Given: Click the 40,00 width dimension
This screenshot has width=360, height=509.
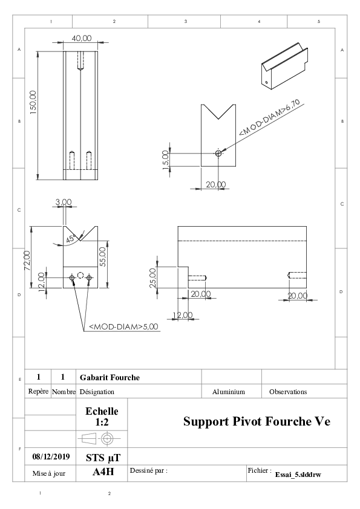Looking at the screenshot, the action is [82, 38].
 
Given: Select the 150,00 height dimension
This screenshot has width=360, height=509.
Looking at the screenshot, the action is [33, 102].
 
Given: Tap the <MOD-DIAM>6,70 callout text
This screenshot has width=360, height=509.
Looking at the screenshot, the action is [269, 117].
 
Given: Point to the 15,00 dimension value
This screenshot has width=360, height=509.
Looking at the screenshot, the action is [165, 160].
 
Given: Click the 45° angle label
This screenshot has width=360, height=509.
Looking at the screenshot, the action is [71, 239].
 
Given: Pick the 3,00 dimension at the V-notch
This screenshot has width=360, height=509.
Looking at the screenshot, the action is [64, 202].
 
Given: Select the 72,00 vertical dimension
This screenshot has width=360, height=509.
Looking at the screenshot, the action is [27, 261].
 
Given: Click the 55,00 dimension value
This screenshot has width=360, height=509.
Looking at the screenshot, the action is [103, 256].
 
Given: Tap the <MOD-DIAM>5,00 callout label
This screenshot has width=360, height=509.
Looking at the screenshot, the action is [123, 326].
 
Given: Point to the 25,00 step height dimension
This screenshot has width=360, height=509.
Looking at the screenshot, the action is [152, 277].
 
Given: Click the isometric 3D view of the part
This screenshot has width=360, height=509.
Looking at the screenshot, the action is [284, 66].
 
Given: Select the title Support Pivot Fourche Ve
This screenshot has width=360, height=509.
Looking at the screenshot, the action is [257, 421].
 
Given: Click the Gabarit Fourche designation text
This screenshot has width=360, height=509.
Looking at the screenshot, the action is [110, 378].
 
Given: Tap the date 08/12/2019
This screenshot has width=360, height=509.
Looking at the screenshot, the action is [51, 457].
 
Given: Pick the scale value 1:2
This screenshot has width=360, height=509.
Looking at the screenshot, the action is [102, 423].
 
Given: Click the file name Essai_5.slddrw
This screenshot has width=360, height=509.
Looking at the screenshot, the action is [298, 475].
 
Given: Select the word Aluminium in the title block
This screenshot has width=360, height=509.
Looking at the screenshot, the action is [229, 392].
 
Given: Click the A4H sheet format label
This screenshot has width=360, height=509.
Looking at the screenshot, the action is [103, 472].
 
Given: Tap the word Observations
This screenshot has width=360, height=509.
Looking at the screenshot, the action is [288, 392].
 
